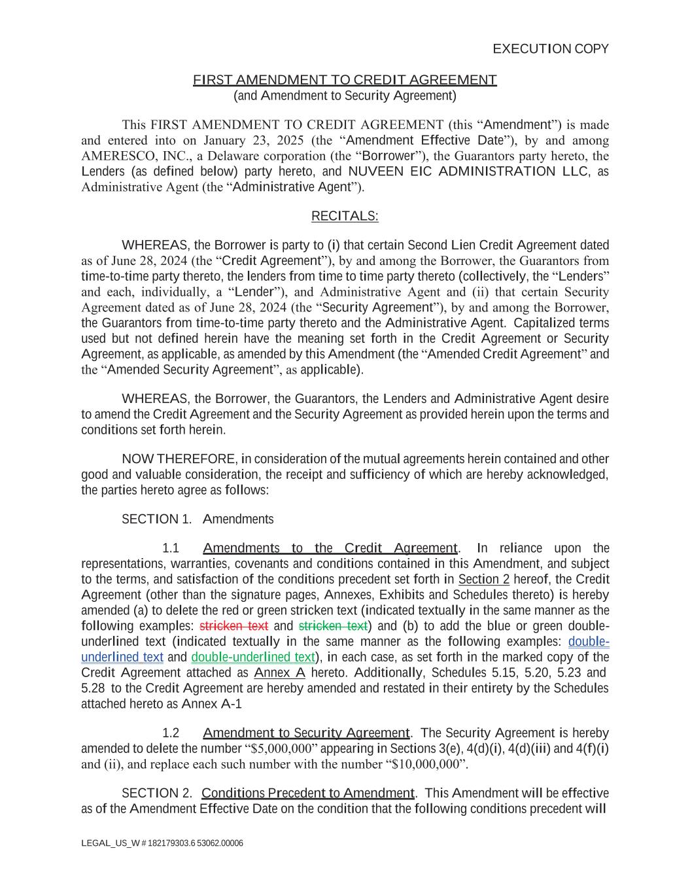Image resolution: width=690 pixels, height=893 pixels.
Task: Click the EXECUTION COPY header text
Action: coord(550,49)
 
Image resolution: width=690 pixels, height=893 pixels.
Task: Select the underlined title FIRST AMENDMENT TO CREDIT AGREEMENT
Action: coord(345,80)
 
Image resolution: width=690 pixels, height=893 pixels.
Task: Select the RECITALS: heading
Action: coord(345,217)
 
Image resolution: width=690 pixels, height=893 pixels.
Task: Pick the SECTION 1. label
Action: coord(156,519)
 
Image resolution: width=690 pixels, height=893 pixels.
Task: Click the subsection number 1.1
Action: coord(171,548)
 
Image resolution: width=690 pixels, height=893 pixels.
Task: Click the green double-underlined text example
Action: coord(253,657)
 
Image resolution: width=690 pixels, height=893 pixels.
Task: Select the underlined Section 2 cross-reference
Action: coord(483,580)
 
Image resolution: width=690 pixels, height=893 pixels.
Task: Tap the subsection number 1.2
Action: coord(171,733)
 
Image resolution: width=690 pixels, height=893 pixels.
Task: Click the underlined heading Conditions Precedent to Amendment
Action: coord(307,794)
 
